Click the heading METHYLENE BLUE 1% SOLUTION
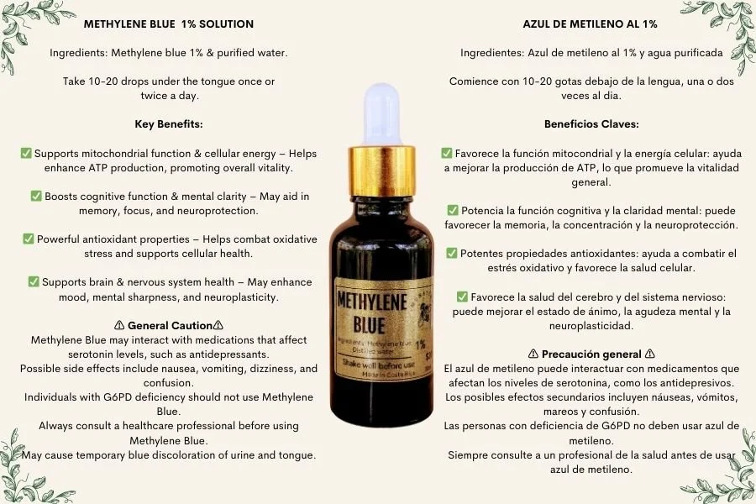[169, 24]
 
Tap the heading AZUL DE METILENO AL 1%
[590, 24]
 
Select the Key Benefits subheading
[169, 123]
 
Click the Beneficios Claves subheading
[591, 123]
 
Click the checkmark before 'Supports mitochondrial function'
[26, 154]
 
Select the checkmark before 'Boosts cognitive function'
[36, 196]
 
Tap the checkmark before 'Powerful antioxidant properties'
[29, 239]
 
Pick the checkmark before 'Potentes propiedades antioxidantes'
[453, 253]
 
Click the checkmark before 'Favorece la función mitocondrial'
[447, 154]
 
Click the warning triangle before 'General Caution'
[118, 325]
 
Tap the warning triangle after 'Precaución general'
[650, 354]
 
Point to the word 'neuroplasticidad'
[591, 325]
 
